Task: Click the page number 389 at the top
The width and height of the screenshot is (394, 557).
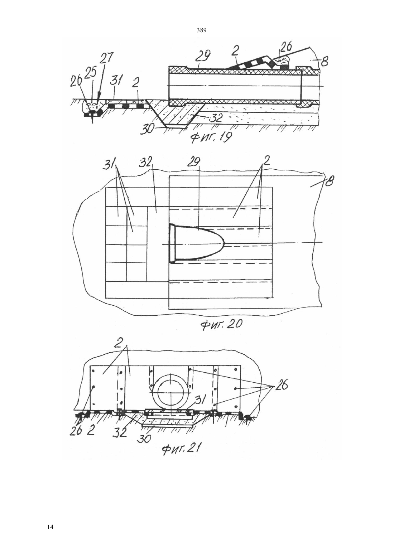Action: click(201, 30)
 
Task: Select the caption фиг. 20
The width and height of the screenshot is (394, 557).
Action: click(221, 324)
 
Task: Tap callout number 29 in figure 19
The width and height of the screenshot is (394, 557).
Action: click(203, 56)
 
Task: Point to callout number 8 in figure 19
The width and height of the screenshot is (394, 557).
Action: click(324, 60)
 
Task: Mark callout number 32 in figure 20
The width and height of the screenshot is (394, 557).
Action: click(146, 163)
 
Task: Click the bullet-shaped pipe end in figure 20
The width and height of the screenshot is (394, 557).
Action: click(197, 243)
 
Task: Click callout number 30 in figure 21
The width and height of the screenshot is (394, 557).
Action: click(144, 439)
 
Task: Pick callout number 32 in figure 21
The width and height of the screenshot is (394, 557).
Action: click(120, 433)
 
